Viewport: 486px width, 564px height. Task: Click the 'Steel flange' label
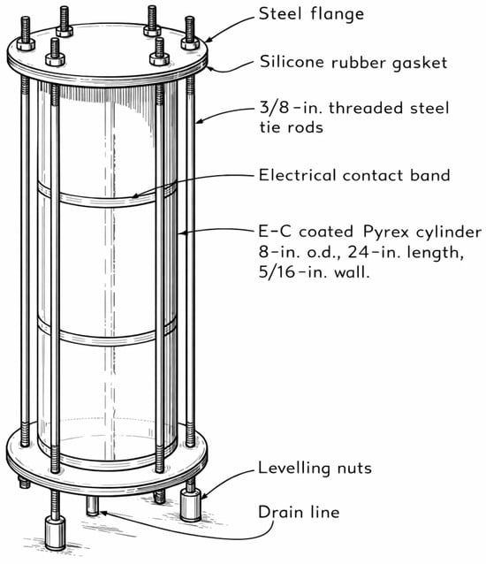(x=311, y=14)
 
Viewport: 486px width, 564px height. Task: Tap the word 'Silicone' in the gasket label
(x=292, y=62)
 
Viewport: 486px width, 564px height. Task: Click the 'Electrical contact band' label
(x=354, y=175)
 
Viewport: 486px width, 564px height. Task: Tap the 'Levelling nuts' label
(x=315, y=469)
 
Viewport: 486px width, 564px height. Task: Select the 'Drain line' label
(x=299, y=512)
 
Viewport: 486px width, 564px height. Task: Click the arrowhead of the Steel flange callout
(x=209, y=40)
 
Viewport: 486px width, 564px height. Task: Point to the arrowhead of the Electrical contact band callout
(x=134, y=196)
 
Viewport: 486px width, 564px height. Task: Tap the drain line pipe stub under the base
(x=93, y=506)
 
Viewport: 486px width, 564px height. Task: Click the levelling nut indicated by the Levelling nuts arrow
(x=191, y=506)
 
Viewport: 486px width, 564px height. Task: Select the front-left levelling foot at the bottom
(x=56, y=533)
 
